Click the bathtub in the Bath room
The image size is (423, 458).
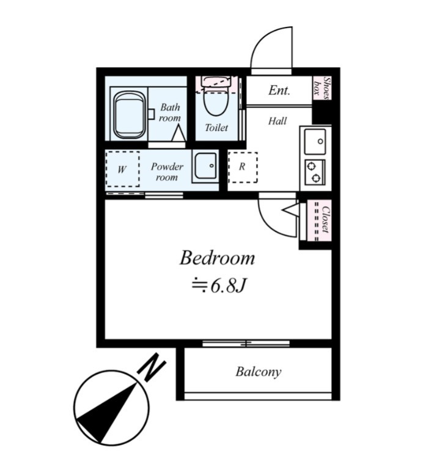click(x=130, y=114)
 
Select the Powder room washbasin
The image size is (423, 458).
click(x=205, y=166)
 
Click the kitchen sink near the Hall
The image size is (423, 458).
click(x=315, y=141)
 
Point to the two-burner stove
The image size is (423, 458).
click(x=315, y=172)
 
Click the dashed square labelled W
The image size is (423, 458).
click(x=122, y=169)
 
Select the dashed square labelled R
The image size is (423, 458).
click(x=243, y=167)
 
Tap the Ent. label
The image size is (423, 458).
click(x=279, y=90)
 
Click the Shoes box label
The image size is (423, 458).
click(x=322, y=88)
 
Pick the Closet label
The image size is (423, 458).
click(x=325, y=220)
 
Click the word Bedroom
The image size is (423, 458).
click(x=217, y=258)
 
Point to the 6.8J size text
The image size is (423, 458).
click(x=219, y=286)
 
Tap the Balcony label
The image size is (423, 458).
click(x=259, y=372)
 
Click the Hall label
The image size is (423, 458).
click(x=278, y=121)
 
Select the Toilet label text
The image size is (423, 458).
click(x=216, y=127)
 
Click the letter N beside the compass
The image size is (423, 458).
click(x=152, y=367)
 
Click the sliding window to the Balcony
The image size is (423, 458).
click(x=246, y=343)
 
